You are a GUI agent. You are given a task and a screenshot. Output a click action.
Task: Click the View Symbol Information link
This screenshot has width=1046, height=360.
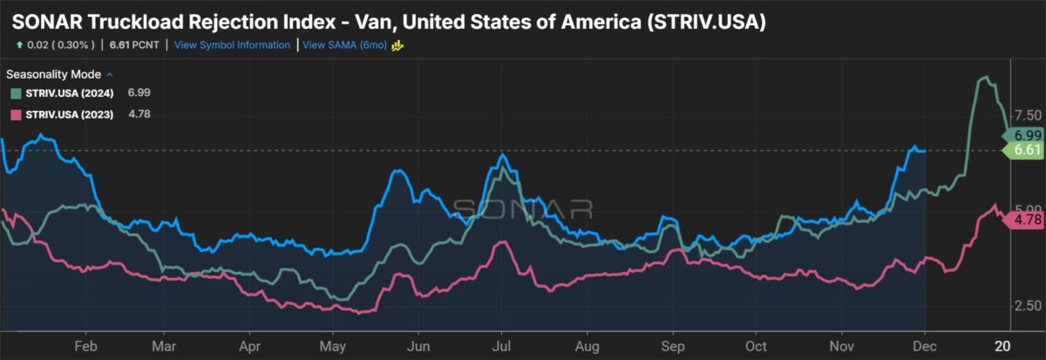coord(232,44)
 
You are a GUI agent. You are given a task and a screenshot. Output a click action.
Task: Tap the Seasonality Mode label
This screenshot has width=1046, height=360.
coord(54,74)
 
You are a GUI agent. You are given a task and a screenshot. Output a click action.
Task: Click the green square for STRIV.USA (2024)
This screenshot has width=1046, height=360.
coord(16,92)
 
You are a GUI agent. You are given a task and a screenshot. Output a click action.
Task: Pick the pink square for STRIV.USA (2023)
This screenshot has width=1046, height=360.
coord(16,114)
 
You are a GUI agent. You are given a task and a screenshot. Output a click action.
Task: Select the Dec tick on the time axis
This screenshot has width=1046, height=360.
coord(926,345)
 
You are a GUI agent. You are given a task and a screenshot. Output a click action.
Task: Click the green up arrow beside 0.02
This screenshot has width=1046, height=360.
coord(18,44)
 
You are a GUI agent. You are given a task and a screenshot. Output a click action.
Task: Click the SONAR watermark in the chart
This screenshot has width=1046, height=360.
coord(523,208)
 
